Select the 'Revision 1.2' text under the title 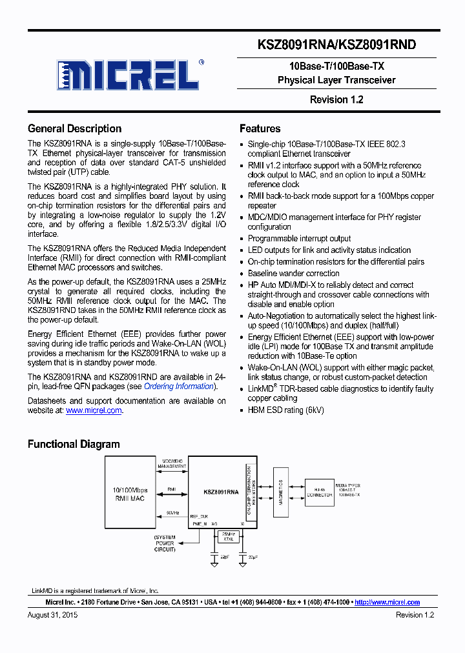coord(336,99)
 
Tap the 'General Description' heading coord(74,128)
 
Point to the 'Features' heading coord(260,128)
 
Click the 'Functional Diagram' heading coord(74,444)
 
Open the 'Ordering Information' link coord(179,387)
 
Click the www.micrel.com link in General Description coord(94,410)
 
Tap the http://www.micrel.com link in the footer coord(387,602)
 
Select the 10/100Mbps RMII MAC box coord(130,494)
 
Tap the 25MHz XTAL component coord(228,536)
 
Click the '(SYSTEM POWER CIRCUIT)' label coord(165,543)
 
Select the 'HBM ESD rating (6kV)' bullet coord(285,410)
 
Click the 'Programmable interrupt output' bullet coord(299,239)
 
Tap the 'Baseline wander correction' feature coord(293,274)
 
